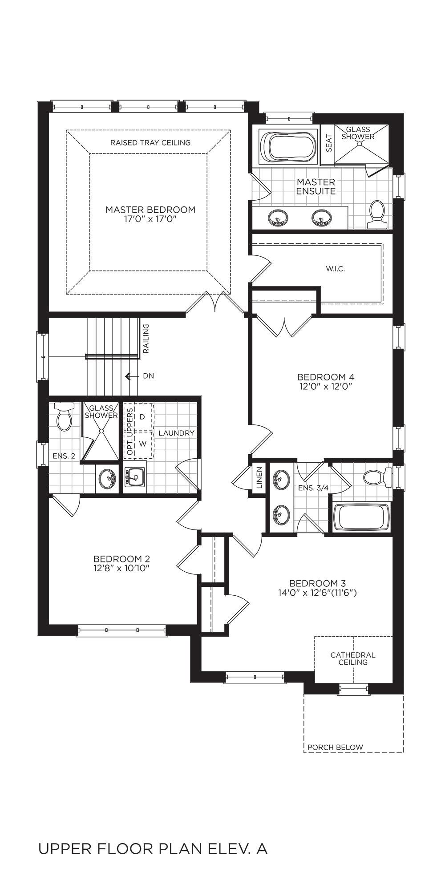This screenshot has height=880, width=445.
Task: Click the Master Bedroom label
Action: coord(150,210)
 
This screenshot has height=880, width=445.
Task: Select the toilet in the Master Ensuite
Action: coord(377,214)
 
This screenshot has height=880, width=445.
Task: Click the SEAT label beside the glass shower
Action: coord(329,143)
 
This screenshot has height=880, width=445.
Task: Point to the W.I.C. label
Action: coord(335,269)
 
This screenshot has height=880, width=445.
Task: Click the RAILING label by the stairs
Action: coord(146,339)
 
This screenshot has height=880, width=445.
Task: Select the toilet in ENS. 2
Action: coord(64,416)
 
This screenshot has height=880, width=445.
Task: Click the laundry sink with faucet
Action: coord(135,477)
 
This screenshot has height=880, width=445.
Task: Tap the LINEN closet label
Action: coord(260,477)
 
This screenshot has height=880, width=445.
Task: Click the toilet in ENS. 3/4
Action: coord(377,477)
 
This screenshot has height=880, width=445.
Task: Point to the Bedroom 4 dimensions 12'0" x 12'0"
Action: coord(326,387)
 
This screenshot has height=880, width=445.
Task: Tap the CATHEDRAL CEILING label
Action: coord(353,658)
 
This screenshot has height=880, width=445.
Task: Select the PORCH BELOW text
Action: coord(336,747)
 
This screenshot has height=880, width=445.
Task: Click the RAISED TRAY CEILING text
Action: coord(150,143)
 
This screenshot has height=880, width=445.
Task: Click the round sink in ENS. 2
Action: coord(107,480)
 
